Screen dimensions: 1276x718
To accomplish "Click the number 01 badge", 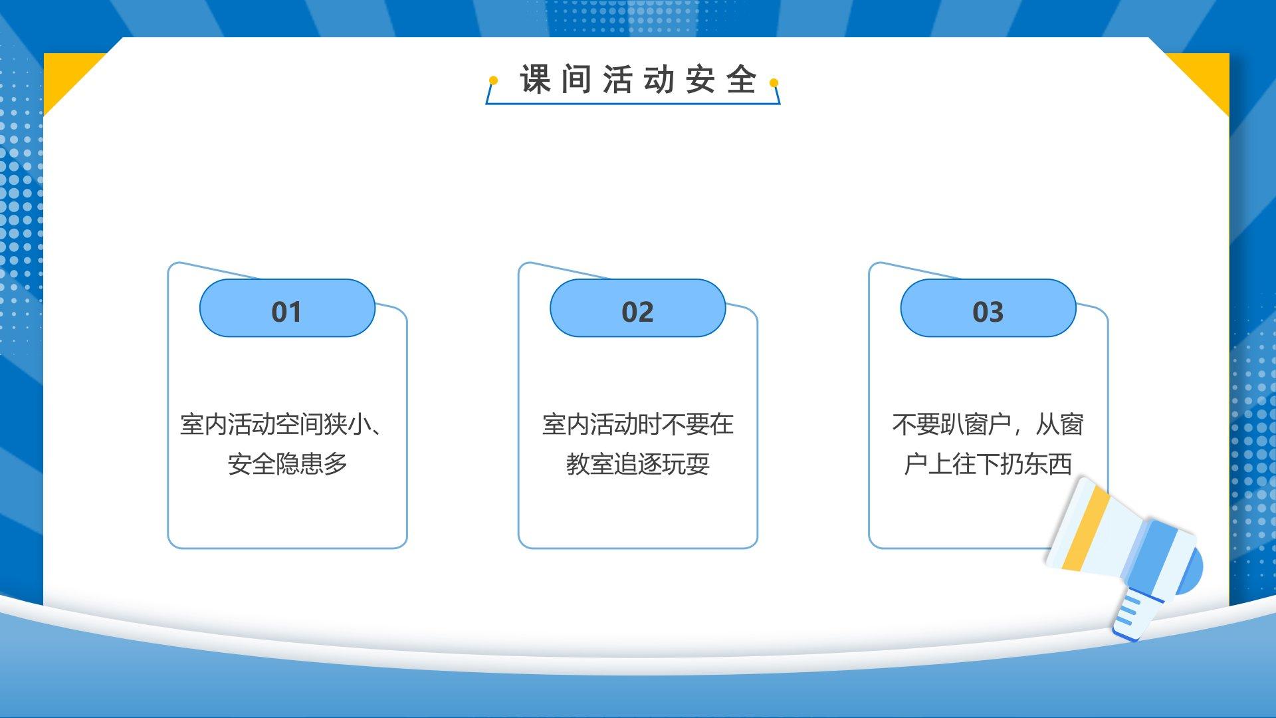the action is click(287, 308).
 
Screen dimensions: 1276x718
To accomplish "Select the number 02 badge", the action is click(637, 308).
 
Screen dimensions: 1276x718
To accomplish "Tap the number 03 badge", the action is click(988, 308).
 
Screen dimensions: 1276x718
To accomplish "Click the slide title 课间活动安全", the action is click(638, 80).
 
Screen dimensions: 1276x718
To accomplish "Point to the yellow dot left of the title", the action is click(493, 80).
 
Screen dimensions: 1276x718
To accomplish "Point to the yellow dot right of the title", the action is click(774, 83).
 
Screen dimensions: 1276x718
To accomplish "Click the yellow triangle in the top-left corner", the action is click(66, 76).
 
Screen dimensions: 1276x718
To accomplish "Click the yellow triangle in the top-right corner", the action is click(1204, 76).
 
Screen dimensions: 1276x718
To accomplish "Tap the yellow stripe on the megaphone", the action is click(1086, 529).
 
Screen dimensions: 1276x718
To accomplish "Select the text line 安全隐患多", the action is click(287, 464).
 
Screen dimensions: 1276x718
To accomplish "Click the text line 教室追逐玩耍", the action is click(637, 464).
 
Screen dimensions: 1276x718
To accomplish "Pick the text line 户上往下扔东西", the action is click(988, 464).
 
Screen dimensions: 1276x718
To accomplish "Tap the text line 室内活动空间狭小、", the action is click(282, 424).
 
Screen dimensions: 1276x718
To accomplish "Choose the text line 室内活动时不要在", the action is click(637, 424).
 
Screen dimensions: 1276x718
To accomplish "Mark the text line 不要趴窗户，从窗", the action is click(988, 424).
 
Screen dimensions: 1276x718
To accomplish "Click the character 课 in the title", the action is click(535, 80).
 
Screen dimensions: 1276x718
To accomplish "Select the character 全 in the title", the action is click(742, 80).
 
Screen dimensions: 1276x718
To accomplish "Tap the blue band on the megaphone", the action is click(1157, 559).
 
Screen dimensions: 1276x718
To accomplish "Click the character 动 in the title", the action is click(659, 80).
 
